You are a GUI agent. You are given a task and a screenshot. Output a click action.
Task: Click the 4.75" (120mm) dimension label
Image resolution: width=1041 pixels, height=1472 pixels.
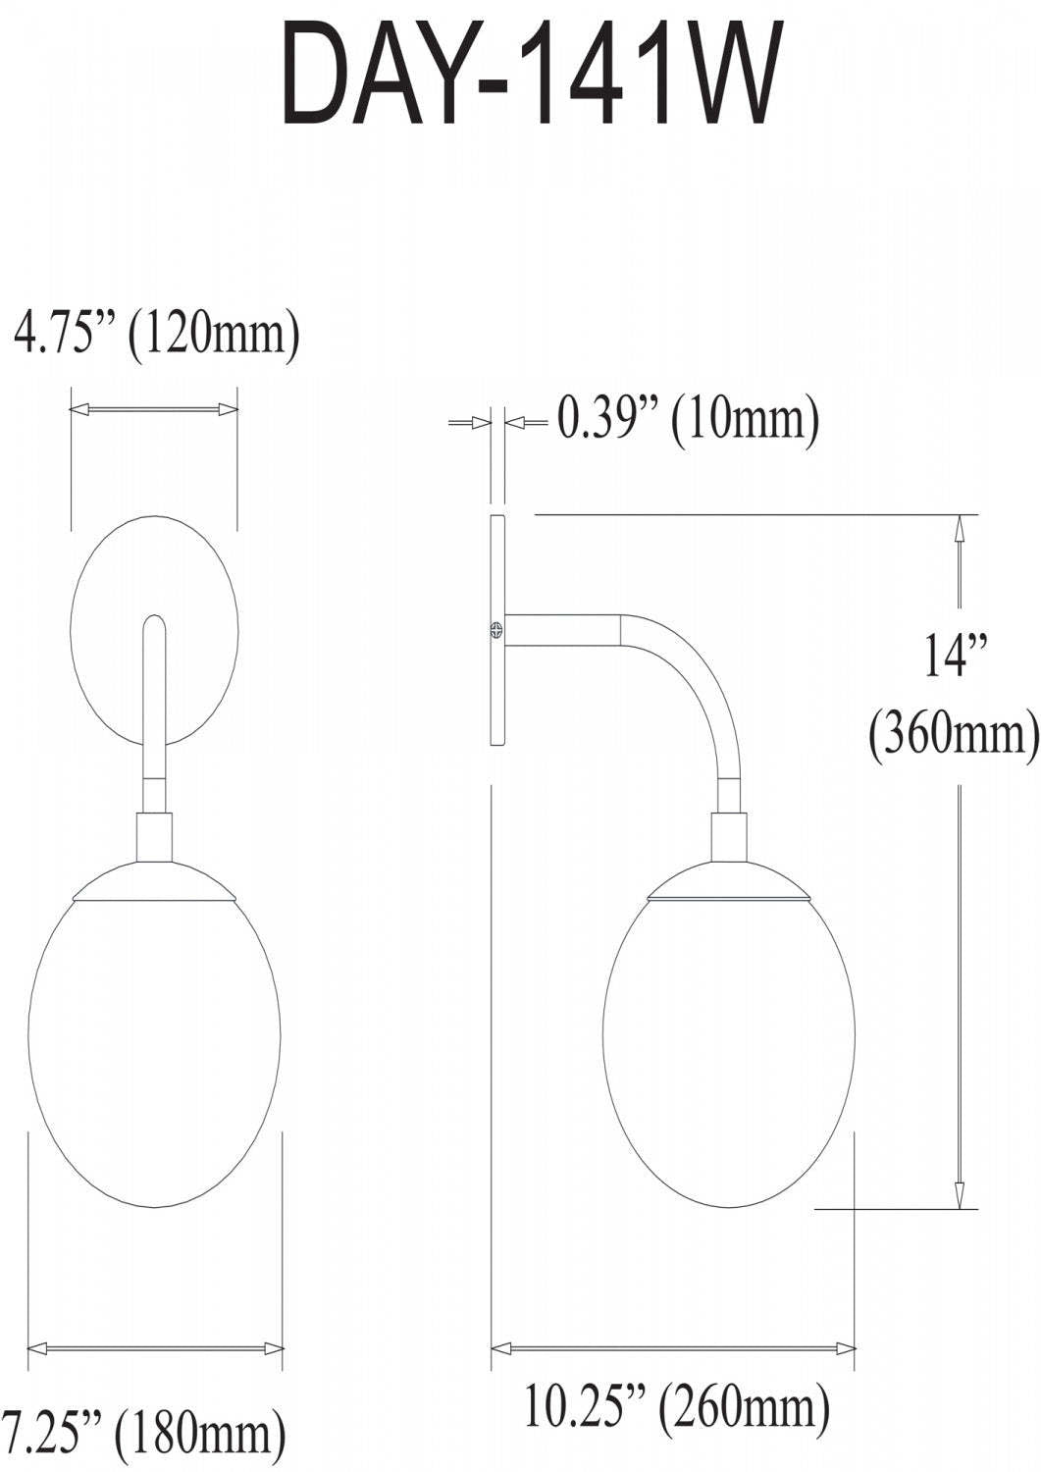point(155,335)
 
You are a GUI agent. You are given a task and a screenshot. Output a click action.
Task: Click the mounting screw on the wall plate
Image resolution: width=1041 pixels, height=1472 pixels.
point(496,630)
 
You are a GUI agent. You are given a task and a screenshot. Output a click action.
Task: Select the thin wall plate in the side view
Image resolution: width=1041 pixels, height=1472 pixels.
point(496,687)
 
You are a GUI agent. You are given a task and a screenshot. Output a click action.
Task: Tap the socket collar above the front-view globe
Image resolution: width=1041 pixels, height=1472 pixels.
point(154,834)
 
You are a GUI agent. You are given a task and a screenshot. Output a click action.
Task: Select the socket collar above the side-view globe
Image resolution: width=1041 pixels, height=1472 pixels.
point(728,835)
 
